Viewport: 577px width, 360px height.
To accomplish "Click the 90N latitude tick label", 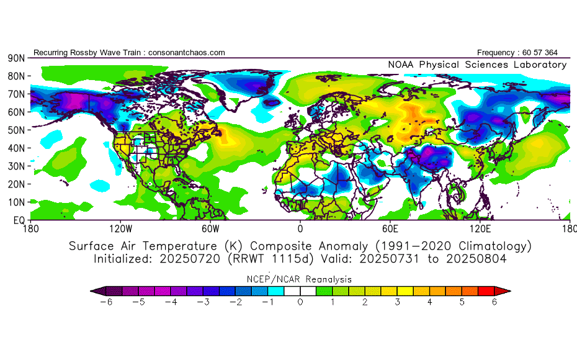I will click(x=16, y=58).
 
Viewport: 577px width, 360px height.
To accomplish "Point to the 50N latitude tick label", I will click(x=16, y=130).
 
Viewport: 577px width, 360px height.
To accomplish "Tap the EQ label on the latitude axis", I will click(x=18, y=220).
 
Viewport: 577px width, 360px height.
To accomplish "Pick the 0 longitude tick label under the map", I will click(x=300, y=229).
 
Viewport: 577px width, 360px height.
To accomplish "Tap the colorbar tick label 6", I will click(x=495, y=302).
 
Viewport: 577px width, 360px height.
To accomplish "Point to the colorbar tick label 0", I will click(x=300, y=302).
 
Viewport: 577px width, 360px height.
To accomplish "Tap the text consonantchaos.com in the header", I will click(x=186, y=53).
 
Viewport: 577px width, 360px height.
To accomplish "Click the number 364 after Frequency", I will click(x=558, y=53).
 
